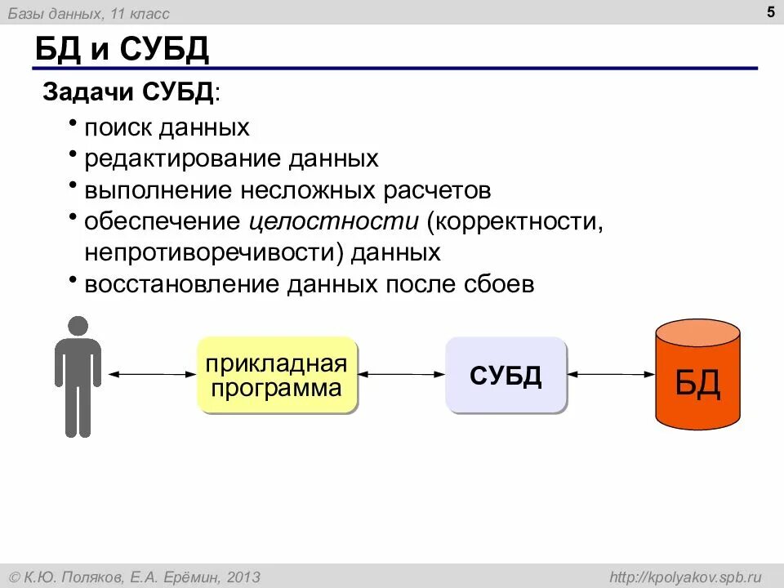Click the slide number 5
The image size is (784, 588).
[771, 11]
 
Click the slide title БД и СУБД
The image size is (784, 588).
[122, 51]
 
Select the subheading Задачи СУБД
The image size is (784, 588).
[131, 91]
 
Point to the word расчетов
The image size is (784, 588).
[438, 190]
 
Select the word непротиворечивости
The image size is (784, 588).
[215, 252]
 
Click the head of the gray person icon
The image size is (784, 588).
[78, 325]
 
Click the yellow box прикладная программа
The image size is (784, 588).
[276, 375]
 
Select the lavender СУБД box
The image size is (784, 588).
[506, 375]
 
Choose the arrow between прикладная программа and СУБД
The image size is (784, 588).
[401, 374]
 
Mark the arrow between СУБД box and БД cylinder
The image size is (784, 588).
[611, 374]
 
